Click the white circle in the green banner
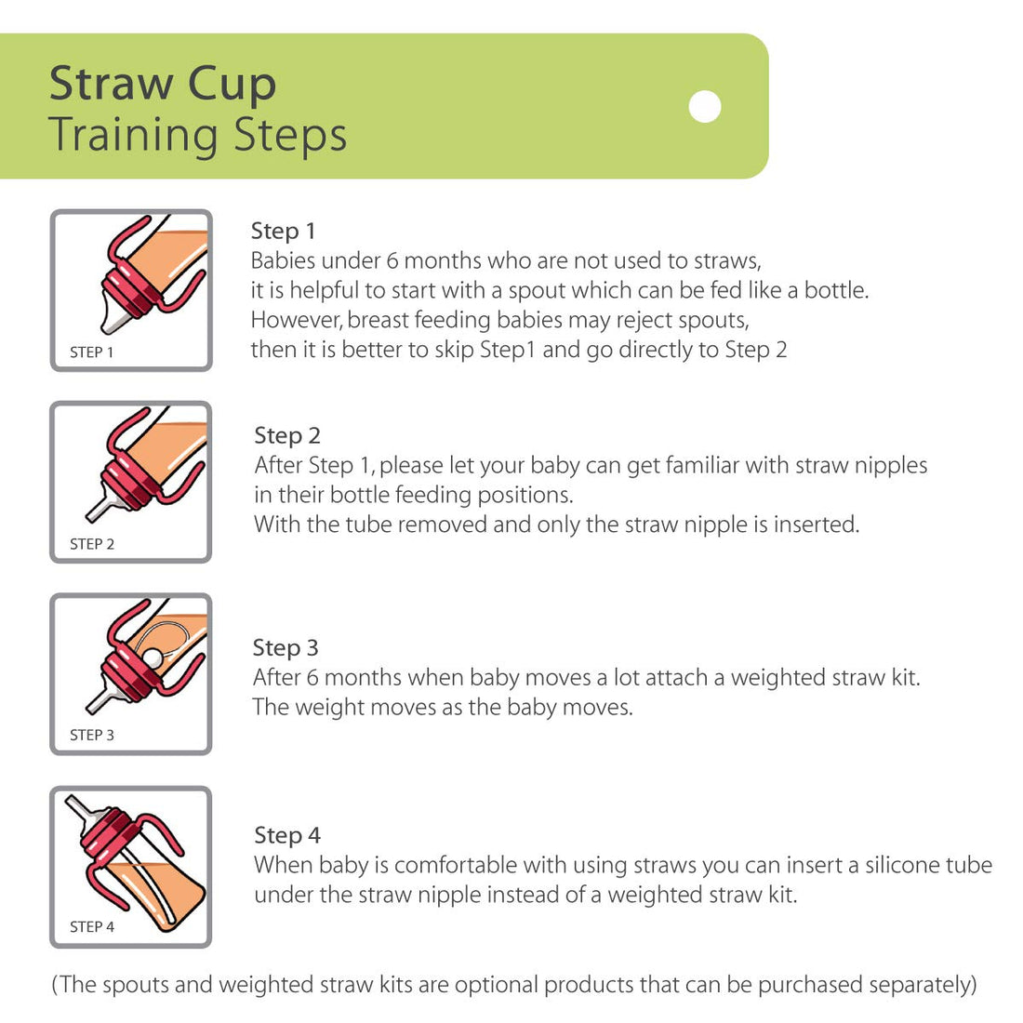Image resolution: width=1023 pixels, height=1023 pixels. pos(705,107)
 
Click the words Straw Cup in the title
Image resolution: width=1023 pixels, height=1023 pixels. pos(163,84)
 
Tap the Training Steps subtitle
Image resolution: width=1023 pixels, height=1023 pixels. pos(197,135)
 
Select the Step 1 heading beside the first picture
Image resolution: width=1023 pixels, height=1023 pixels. pos(283,231)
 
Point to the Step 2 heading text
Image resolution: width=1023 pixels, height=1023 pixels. pos(286,435)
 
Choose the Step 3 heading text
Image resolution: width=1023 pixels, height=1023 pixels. pos(285,647)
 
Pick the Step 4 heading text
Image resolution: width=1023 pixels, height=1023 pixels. pos(286,835)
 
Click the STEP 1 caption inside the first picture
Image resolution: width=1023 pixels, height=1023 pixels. pos(91,352)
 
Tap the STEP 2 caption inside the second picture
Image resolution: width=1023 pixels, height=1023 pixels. pos(91,544)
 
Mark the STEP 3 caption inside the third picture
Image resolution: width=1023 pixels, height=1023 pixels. pos(91,735)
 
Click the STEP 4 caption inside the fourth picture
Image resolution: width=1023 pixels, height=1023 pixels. pos(91,926)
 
